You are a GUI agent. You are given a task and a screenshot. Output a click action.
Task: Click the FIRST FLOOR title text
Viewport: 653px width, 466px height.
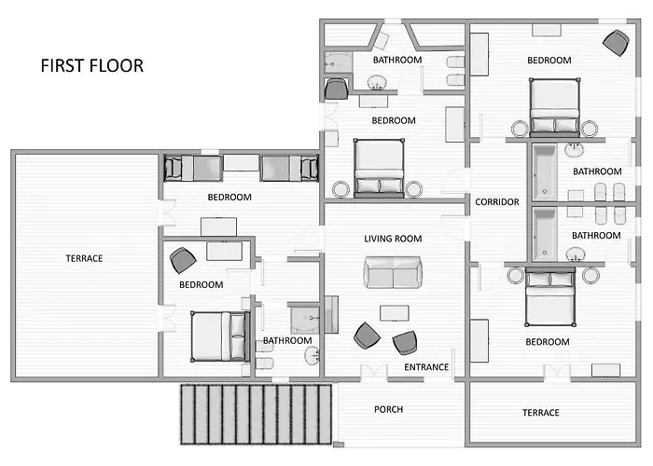click(92, 66)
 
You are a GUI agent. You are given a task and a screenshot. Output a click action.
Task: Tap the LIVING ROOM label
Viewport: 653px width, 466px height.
click(393, 239)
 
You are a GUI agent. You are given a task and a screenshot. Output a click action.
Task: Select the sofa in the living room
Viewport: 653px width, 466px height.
click(393, 272)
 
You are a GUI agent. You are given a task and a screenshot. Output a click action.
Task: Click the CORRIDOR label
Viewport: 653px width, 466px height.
click(497, 202)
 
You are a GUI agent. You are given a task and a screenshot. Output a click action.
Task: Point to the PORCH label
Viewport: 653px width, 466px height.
click(389, 409)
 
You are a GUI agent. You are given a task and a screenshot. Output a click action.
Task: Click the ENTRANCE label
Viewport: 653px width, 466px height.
click(426, 367)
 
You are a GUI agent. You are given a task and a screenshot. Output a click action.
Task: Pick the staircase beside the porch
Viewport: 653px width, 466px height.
click(257, 415)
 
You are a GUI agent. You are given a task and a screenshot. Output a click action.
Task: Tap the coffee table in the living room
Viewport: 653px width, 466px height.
click(394, 313)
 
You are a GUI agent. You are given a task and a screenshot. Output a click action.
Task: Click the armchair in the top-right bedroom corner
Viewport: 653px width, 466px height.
click(616, 43)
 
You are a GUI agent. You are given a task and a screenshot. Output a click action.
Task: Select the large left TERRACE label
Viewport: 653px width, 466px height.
click(84, 258)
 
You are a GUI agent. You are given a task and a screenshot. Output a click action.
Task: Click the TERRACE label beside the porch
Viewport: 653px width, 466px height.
click(540, 413)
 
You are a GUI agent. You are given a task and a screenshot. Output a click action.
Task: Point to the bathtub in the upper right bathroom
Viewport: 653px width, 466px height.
click(544, 171)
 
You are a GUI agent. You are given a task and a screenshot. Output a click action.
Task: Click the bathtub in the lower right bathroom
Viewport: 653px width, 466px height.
click(544, 234)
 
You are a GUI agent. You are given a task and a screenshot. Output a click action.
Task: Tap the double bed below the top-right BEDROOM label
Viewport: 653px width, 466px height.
click(554, 106)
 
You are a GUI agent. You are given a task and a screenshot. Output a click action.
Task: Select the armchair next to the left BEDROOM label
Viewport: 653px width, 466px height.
click(183, 260)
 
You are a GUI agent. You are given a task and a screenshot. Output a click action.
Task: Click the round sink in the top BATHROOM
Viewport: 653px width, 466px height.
click(377, 82)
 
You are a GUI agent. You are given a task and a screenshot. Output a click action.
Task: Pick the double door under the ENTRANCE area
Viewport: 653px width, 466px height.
click(374, 373)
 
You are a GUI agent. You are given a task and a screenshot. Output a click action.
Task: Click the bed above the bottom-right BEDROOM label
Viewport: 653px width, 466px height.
click(550, 296)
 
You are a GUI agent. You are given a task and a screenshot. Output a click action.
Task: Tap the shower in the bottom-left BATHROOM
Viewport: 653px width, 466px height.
click(304, 320)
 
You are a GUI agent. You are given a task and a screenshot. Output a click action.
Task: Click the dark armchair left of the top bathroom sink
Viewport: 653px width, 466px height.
click(336, 89)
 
